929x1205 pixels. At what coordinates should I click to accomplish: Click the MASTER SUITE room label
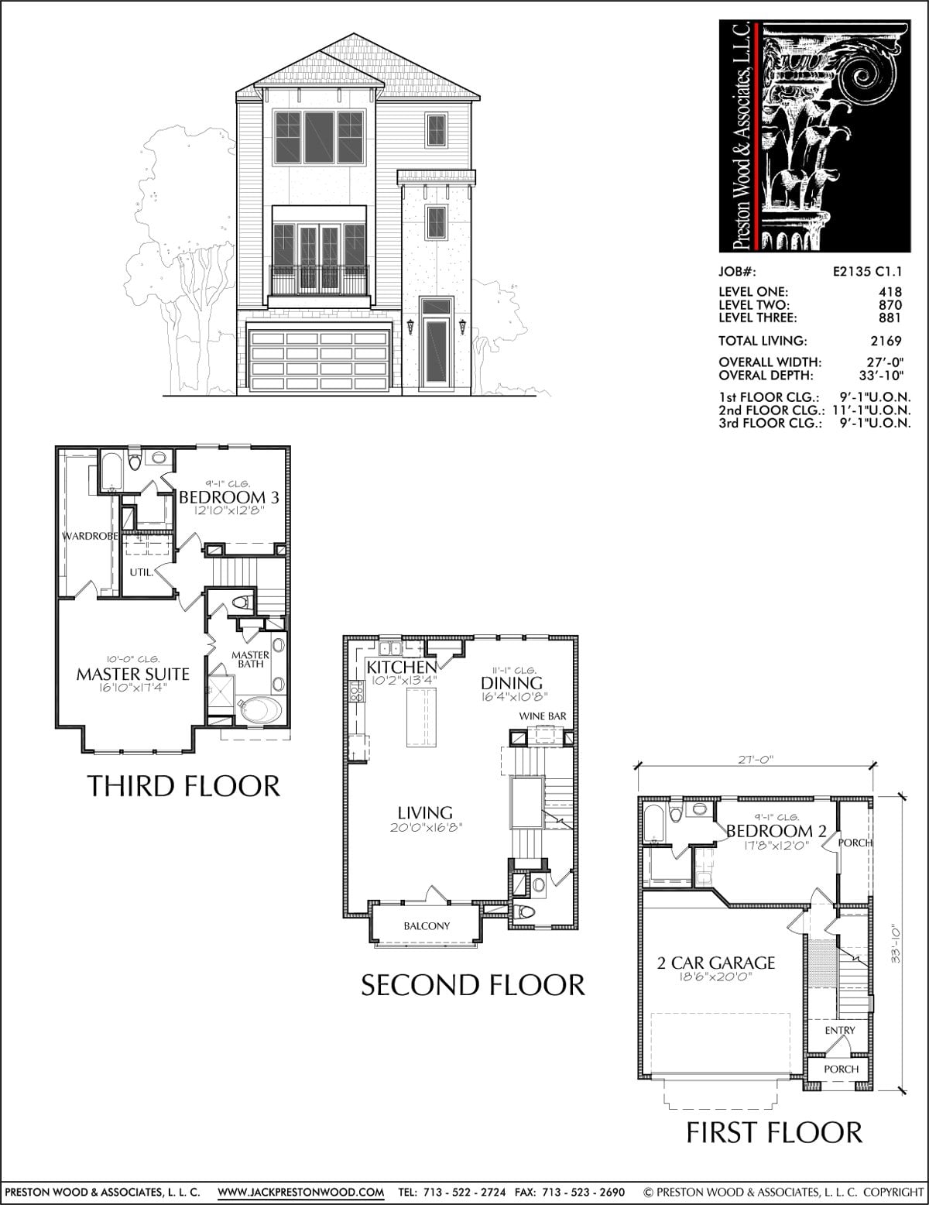(132, 675)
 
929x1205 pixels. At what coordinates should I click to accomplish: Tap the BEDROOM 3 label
(229, 497)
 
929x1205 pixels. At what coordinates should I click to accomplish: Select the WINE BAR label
(543, 716)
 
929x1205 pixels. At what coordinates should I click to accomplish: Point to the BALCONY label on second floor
(427, 925)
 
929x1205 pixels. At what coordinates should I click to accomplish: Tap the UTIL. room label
(142, 572)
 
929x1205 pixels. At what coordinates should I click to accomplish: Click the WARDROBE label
(90, 536)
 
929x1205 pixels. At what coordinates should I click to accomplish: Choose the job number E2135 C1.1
(868, 272)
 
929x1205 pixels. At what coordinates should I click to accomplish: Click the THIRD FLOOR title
(183, 786)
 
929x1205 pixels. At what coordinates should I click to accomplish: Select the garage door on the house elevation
(319, 360)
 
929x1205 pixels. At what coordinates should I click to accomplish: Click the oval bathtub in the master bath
(261, 710)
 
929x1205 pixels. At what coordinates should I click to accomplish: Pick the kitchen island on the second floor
(421, 717)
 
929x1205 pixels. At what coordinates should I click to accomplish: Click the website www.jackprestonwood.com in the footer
(301, 1192)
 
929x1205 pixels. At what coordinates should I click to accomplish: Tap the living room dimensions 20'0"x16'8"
(425, 827)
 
